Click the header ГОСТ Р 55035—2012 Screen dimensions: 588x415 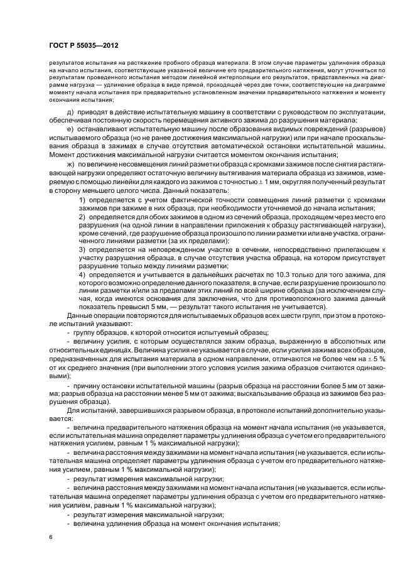click(84, 46)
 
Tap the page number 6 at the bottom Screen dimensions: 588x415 click(51, 537)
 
